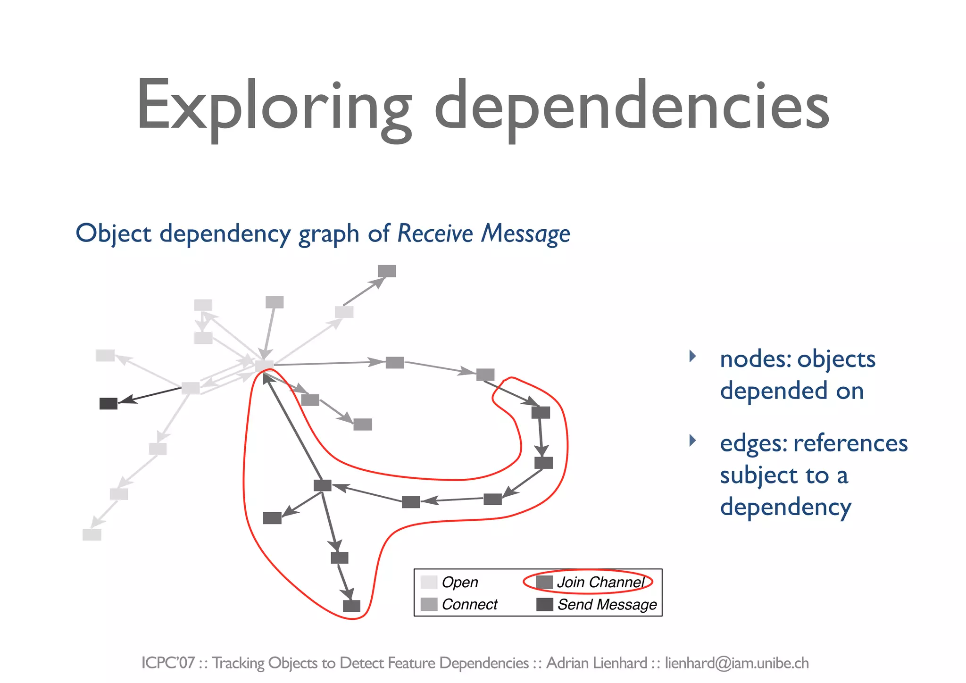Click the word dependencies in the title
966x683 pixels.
(x=631, y=106)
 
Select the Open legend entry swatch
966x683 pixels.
(x=429, y=582)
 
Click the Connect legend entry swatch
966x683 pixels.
(x=429, y=604)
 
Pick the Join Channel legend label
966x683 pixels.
(x=600, y=582)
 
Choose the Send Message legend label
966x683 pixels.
(x=607, y=604)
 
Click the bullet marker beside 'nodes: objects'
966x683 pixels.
(x=692, y=356)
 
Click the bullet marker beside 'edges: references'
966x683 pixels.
(x=692, y=441)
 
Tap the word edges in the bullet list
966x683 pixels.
(x=752, y=443)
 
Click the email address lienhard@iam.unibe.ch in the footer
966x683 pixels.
(x=737, y=663)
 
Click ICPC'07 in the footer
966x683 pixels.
(x=168, y=663)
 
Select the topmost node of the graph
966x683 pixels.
(x=387, y=271)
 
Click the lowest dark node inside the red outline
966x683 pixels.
(x=351, y=606)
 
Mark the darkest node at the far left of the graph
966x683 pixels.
(x=108, y=404)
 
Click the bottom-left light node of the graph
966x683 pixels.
(x=92, y=534)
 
